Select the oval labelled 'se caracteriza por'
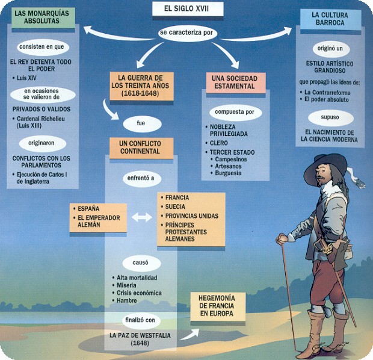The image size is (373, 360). [186, 33]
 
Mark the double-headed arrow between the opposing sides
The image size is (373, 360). [142, 217]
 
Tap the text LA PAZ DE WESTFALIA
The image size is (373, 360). [138, 334]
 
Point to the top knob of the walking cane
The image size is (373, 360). [281, 240]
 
